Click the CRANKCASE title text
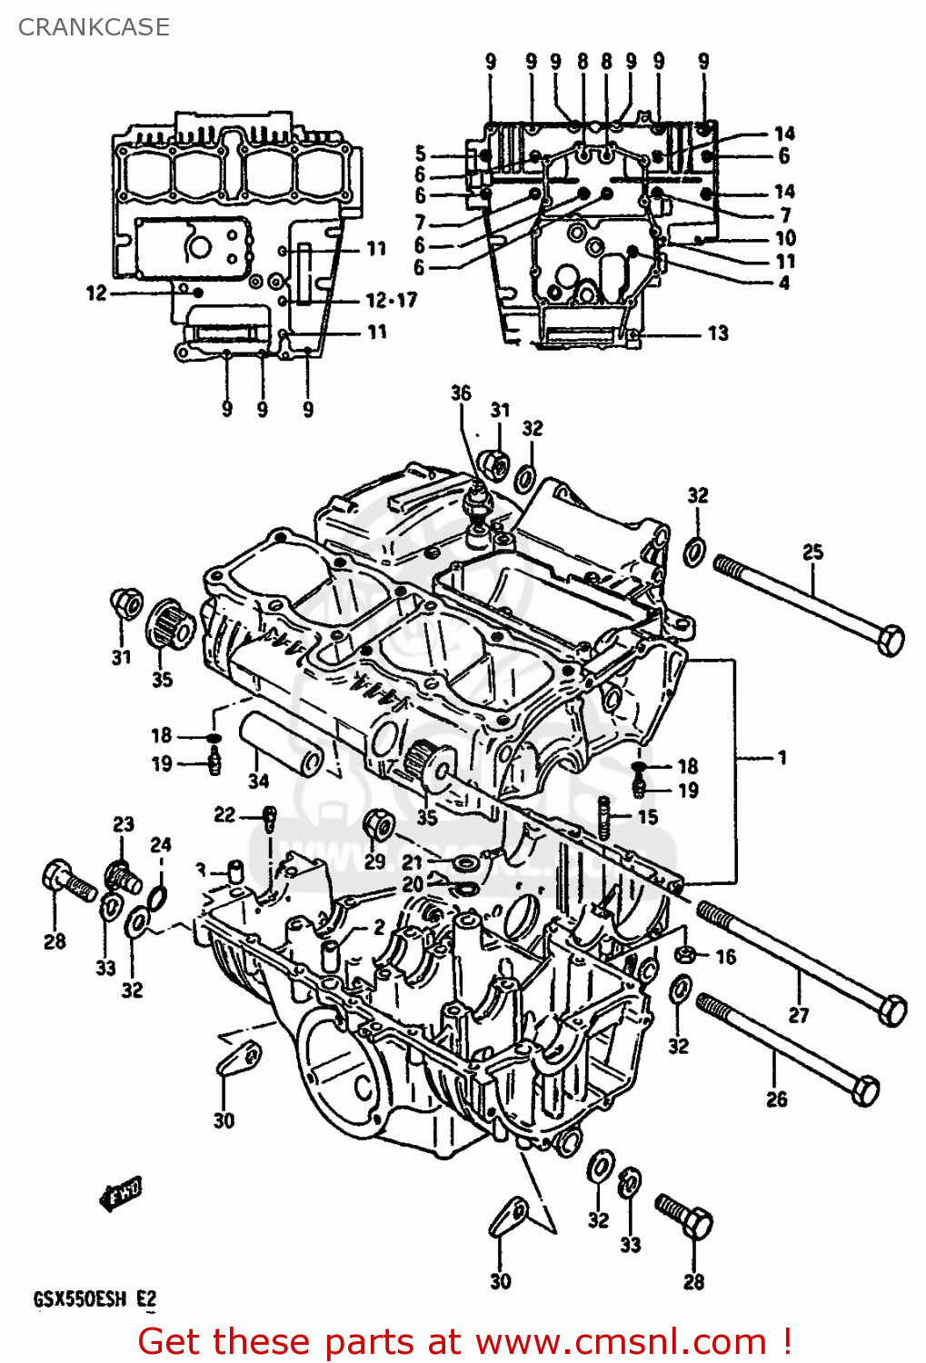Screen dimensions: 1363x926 (94, 27)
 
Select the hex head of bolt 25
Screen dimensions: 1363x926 (891, 640)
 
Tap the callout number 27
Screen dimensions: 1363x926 (798, 1014)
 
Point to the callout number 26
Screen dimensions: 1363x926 (776, 1099)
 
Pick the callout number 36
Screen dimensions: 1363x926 (461, 393)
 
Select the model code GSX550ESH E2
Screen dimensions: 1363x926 (95, 1298)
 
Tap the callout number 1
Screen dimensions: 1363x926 (782, 757)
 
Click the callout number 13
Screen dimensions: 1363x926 (718, 333)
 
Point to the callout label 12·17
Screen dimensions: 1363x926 (391, 300)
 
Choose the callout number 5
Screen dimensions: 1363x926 (420, 153)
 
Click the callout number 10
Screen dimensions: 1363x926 (784, 238)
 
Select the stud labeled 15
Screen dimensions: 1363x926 (603, 815)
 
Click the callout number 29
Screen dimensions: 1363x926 (374, 861)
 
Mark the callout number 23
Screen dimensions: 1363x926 (124, 824)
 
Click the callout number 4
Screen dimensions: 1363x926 (783, 283)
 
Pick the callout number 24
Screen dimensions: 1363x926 (160, 844)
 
